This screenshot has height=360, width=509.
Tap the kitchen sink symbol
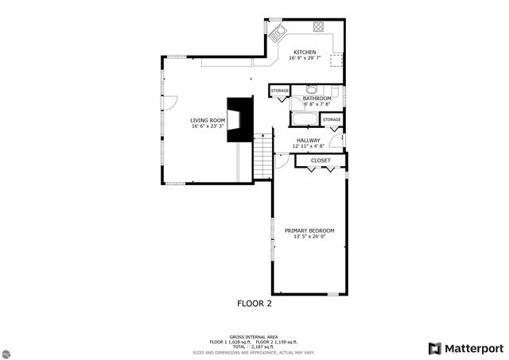277,33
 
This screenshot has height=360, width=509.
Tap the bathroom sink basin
312,88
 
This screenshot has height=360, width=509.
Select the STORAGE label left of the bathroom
280,91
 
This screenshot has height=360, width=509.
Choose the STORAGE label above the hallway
332,120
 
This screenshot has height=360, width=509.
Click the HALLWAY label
308,140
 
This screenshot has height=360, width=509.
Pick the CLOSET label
321,161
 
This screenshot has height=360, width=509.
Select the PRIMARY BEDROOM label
309,230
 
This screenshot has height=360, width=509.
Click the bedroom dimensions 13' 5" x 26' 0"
309,237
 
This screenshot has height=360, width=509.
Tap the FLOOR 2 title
254,303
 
